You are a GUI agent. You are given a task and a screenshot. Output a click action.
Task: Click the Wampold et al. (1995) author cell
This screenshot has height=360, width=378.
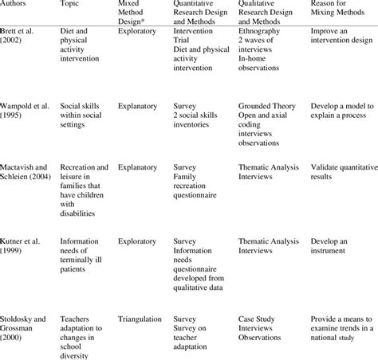pyautogui.click(x=27, y=109)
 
